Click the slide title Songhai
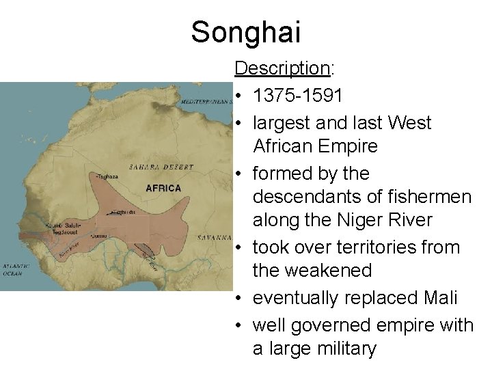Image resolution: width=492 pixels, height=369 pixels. tap(246, 32)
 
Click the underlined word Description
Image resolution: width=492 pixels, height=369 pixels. tap(282, 68)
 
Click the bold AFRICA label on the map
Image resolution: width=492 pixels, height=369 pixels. tap(163, 188)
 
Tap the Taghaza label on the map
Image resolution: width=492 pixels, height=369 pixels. tap(108, 176)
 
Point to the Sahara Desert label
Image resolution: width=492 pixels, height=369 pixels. tap(161, 167)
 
